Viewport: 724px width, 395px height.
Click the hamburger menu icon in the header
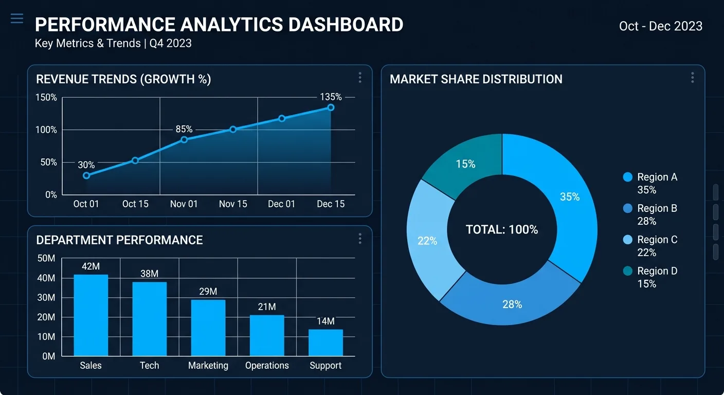[17, 19]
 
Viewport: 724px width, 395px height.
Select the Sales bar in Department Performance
[91, 315]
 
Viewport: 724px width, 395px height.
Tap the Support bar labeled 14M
[325, 343]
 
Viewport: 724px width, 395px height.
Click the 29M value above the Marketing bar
[208, 292]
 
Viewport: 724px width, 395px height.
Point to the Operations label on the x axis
[267, 366]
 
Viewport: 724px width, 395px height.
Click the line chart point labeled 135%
[331, 107]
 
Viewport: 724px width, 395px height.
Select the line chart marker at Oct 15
[135, 160]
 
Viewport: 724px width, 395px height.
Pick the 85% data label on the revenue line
[184, 129]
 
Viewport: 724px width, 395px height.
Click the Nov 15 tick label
[233, 204]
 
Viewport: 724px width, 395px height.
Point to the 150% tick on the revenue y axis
[46, 98]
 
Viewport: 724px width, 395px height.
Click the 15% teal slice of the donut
[465, 164]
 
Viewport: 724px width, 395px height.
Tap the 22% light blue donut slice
[427, 241]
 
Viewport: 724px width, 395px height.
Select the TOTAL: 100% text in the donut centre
[502, 230]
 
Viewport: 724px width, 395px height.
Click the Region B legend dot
[627, 208]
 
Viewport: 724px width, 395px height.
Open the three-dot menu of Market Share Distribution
[693, 78]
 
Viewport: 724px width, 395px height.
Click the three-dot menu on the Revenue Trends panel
[360, 78]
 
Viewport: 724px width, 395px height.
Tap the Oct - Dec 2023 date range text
[661, 26]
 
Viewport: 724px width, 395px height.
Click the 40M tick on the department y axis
[46, 278]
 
